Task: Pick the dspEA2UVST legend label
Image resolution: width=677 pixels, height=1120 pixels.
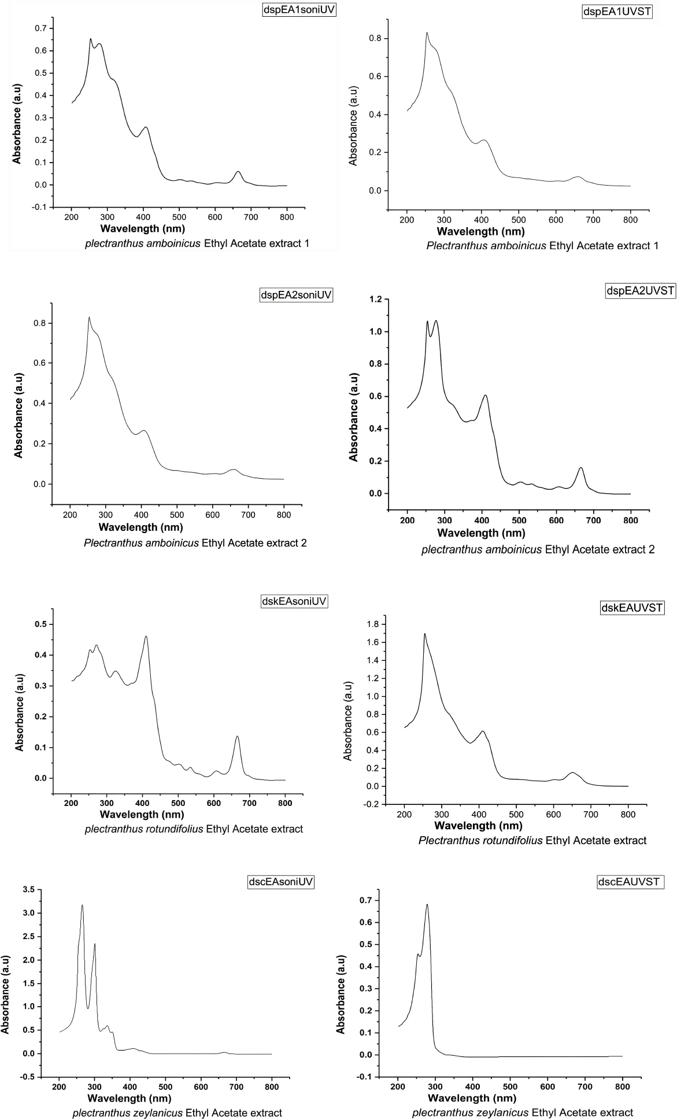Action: (x=640, y=290)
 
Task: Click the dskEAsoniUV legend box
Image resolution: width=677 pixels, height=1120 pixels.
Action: (x=294, y=601)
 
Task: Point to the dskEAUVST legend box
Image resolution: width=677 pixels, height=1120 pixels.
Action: (x=631, y=608)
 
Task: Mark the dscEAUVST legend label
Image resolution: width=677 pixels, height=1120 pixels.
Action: (x=629, y=882)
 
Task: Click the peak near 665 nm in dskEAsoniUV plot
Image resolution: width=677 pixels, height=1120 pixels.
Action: (x=237, y=736)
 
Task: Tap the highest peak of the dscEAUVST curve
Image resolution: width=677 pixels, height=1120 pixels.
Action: (x=427, y=904)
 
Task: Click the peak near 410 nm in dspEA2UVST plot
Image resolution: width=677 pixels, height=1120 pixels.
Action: (x=485, y=395)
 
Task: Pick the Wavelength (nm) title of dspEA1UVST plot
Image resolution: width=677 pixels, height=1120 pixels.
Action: (x=481, y=232)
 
